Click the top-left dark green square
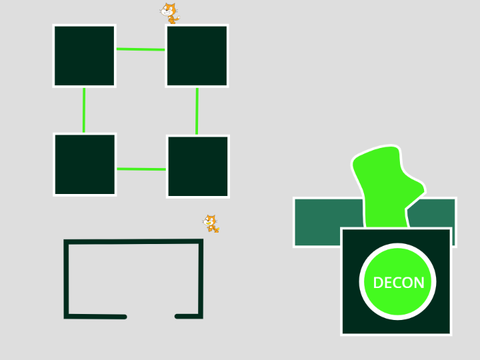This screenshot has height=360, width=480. (84, 56)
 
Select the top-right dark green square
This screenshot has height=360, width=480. (197, 56)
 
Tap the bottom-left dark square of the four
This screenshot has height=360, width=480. (85, 164)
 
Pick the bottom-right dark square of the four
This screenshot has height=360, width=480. (198, 166)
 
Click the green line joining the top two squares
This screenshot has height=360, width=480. (141, 49)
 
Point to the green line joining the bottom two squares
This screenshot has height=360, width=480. (141, 169)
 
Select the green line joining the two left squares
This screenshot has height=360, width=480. (84, 110)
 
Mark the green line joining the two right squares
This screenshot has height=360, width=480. (197, 111)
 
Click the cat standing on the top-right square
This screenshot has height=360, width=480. (170, 13)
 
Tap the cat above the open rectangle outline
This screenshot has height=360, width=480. (211, 223)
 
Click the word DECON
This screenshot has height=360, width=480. (399, 283)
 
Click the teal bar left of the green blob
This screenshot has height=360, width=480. (328, 222)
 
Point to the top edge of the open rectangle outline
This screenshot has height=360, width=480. (133, 241)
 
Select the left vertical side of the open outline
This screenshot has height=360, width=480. (66, 279)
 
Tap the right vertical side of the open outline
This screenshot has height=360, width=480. (201, 279)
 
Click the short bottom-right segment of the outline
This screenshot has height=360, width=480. (189, 316)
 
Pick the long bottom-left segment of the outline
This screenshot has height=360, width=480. (95, 316)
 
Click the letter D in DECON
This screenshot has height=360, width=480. (378, 283)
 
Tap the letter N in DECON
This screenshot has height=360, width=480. (419, 283)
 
